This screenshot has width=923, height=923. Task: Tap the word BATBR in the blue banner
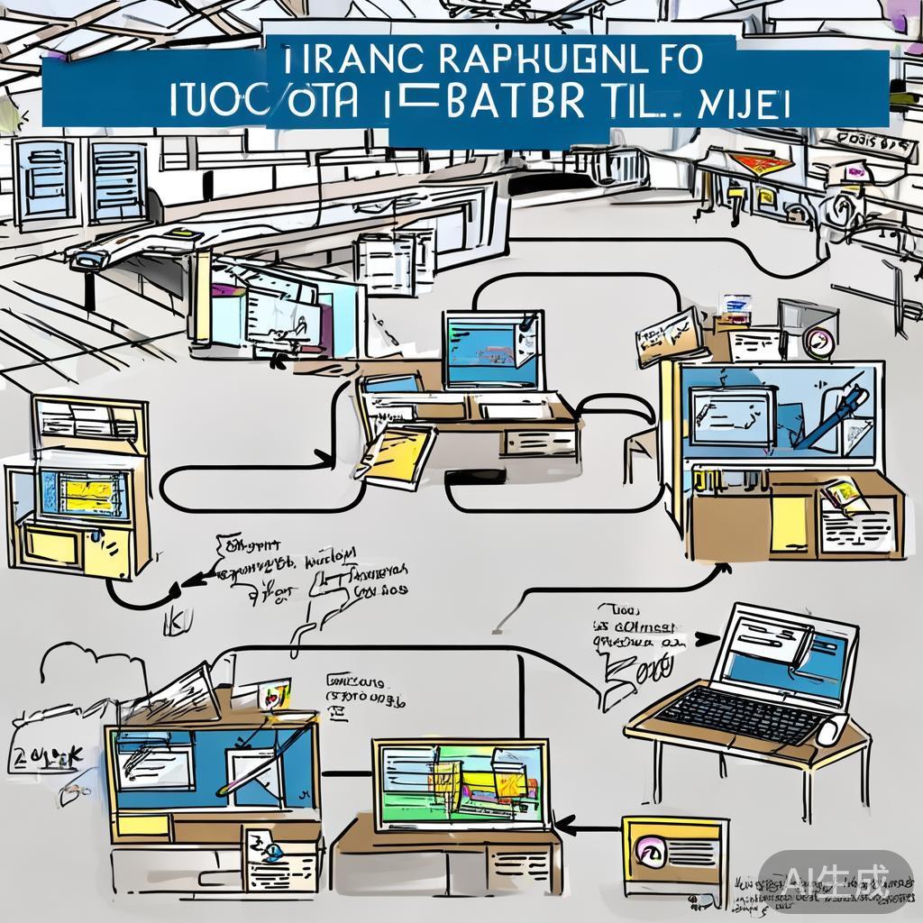point(498,101)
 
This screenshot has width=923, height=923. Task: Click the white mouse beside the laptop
point(830,728)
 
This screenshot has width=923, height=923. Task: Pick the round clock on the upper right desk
point(818,342)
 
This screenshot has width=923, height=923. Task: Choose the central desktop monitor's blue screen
point(491,352)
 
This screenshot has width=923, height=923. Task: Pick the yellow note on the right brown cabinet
point(790,523)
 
